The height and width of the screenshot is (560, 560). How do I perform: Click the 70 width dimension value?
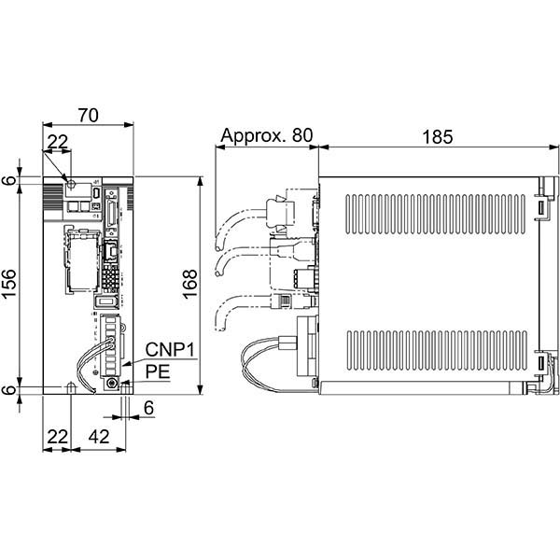89,115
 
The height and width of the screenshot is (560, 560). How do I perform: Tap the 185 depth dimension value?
438,136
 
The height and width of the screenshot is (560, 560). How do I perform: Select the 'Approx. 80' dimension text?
267,135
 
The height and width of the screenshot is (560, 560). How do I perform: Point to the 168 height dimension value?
190,284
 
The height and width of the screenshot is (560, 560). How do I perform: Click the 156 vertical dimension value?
9,284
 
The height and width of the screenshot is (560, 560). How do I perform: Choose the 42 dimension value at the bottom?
99,437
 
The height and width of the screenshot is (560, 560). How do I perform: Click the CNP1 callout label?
170,349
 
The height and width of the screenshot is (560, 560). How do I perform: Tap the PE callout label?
158,371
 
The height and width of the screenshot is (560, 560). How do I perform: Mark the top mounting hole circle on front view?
71,184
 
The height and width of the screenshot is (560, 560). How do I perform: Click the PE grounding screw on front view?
112,384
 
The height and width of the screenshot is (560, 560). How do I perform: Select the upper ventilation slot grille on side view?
435,215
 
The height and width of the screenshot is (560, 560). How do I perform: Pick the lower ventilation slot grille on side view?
437,351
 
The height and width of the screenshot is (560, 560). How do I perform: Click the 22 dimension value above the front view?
58,142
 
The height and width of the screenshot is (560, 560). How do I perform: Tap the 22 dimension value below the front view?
58,437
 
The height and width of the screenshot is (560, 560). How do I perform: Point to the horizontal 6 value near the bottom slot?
148,408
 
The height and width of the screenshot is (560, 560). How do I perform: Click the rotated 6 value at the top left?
9,180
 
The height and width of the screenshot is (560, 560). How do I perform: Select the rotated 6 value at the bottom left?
9,389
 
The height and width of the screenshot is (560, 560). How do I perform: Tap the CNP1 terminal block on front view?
111,345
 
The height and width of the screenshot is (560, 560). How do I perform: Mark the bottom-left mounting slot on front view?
71,388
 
